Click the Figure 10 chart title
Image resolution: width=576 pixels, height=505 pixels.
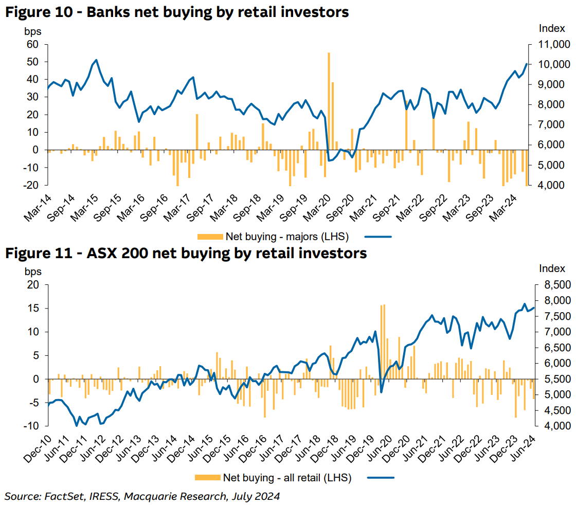coord(177,12)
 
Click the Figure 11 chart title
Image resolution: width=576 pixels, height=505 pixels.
coord(186,253)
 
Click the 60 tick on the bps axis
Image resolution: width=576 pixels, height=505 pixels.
coord(33,44)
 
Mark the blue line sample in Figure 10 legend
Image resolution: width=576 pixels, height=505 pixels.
coord(378,237)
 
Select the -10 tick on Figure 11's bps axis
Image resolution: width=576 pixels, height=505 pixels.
coord(32,426)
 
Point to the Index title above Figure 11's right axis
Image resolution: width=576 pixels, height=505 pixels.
coord(552,268)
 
